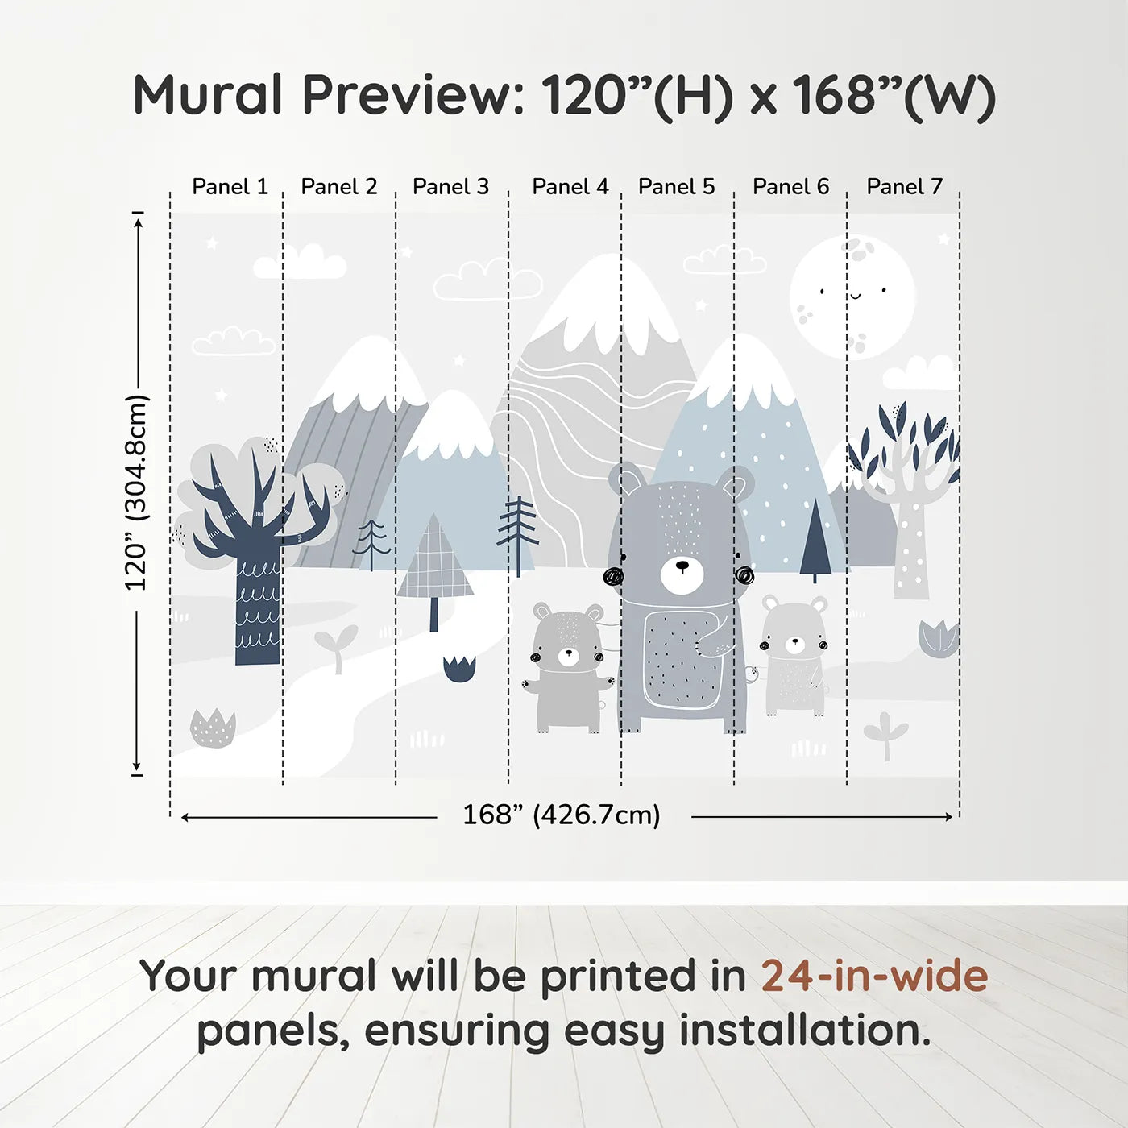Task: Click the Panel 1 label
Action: pyautogui.click(x=230, y=187)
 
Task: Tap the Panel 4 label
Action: pyautogui.click(x=570, y=187)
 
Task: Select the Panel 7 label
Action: pyautogui.click(x=904, y=187)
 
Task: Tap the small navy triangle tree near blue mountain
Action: pyautogui.click(x=815, y=540)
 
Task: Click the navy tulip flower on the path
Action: pyautogui.click(x=459, y=669)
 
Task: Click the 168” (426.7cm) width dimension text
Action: pyautogui.click(x=561, y=815)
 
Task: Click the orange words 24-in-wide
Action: pyautogui.click(x=874, y=976)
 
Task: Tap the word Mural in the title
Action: pyautogui.click(x=207, y=95)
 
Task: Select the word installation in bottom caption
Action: pyautogui.click(x=804, y=1031)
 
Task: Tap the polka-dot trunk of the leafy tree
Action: pyautogui.click(x=911, y=556)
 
